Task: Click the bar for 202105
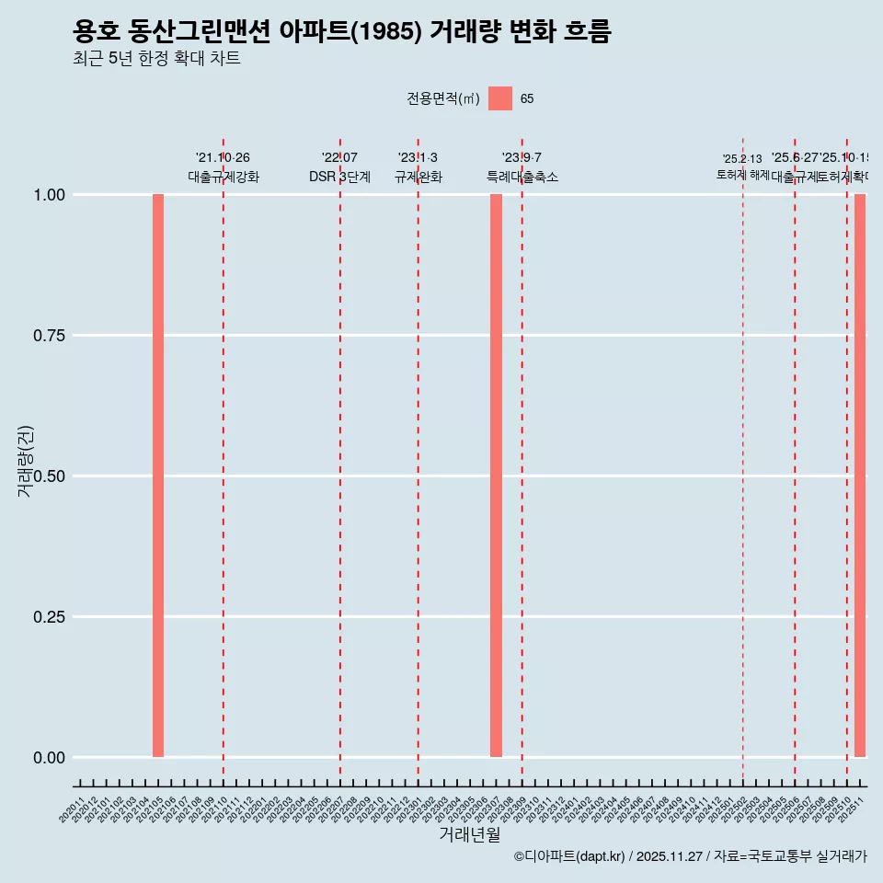(x=158, y=476)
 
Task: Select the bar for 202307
(x=496, y=476)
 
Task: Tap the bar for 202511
(x=860, y=476)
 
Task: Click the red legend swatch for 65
(x=500, y=98)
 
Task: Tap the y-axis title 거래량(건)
(x=26, y=461)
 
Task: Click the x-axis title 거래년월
(x=469, y=835)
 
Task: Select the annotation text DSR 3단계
(x=339, y=177)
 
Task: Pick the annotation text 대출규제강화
(x=224, y=177)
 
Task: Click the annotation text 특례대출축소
(x=522, y=177)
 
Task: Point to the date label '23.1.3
(x=418, y=158)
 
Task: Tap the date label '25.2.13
(x=742, y=159)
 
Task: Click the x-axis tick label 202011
(x=72, y=810)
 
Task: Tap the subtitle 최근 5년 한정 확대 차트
(x=156, y=59)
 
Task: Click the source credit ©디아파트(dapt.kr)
(x=569, y=856)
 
